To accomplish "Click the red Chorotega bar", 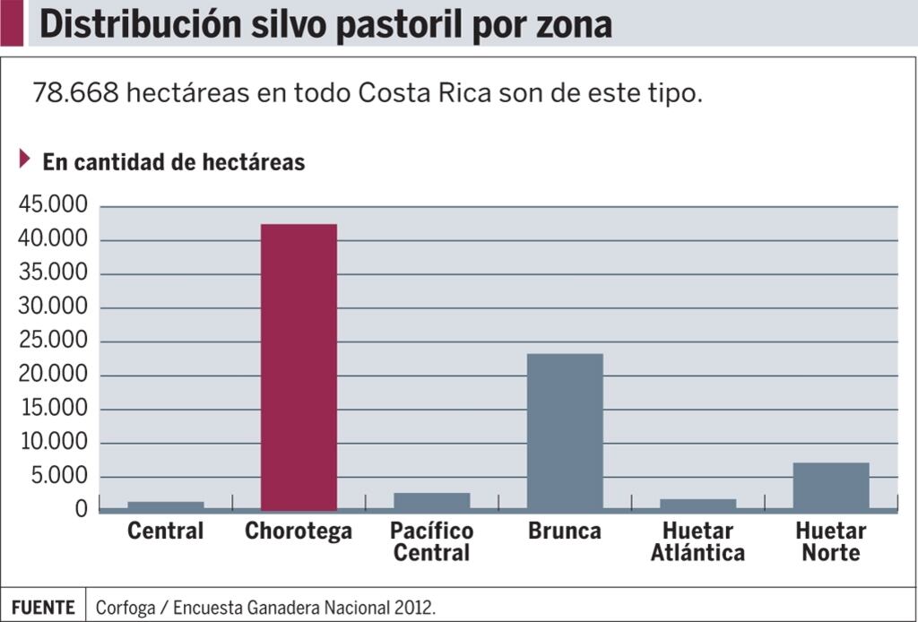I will (x=299, y=367).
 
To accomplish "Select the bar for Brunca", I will (x=565, y=431).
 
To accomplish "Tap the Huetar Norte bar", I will (x=831, y=486).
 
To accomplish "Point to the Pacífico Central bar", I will (x=431, y=501).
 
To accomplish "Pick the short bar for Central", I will (x=166, y=505).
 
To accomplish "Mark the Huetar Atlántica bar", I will (x=697, y=504).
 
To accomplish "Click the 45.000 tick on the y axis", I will (x=54, y=206).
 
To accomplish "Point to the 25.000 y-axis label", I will (x=54, y=341).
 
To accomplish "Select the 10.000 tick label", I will (x=54, y=442).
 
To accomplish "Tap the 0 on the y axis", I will (x=82, y=509).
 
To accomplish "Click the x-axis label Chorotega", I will (x=299, y=531).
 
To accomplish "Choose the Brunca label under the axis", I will (x=565, y=531).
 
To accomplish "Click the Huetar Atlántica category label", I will (x=697, y=542).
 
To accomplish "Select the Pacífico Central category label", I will (x=431, y=542).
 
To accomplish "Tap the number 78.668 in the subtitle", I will (x=75, y=93).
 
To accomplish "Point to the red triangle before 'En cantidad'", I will (x=25, y=160).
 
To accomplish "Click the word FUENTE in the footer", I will (x=43, y=607).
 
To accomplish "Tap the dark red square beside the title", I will (x=12, y=23).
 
